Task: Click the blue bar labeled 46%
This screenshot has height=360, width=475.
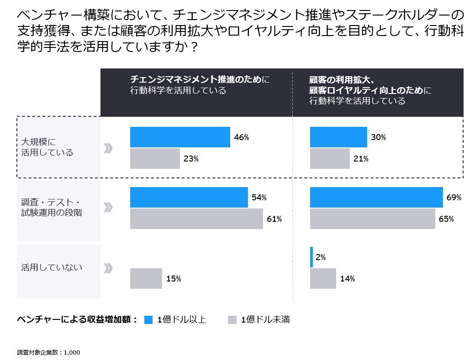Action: coord(180,137)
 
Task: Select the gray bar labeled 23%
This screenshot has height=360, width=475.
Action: coord(155,159)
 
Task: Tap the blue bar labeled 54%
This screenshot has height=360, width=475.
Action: coord(189,197)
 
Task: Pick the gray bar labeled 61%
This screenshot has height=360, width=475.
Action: coord(196,219)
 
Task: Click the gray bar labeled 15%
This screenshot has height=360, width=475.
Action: coord(146,278)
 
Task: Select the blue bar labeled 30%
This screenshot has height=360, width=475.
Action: coord(338,137)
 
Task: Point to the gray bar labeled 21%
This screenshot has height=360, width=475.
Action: coord(330,159)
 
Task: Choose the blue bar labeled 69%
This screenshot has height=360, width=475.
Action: coord(376,197)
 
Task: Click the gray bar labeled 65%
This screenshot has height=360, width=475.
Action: coord(372,219)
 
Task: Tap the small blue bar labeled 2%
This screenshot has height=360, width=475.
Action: coord(311,257)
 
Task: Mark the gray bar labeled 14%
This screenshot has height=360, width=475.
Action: coord(323,278)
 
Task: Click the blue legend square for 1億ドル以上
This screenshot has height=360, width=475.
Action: coord(148,320)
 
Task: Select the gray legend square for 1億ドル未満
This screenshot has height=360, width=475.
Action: coord(232,320)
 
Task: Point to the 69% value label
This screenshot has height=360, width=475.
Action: coord(454,198)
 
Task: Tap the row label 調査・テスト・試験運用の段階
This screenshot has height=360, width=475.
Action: coord(52,207)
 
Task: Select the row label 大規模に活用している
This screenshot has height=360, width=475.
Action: coord(47,147)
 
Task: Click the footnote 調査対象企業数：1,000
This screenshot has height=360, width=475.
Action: coord(48,352)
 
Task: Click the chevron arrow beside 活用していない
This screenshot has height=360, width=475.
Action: coord(108,268)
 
